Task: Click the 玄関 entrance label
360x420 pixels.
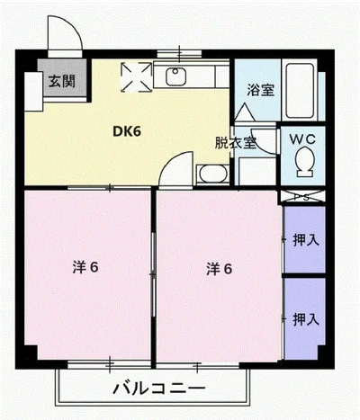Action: tap(62, 81)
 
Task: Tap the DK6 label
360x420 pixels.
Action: tap(126, 131)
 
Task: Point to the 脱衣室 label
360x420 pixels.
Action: tap(233, 142)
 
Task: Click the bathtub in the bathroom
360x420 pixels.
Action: tap(301, 94)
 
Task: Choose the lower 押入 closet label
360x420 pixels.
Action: tap(305, 318)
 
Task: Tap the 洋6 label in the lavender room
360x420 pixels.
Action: tap(220, 267)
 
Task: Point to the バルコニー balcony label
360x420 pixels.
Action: tap(154, 389)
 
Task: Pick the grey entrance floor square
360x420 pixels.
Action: tap(62, 83)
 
